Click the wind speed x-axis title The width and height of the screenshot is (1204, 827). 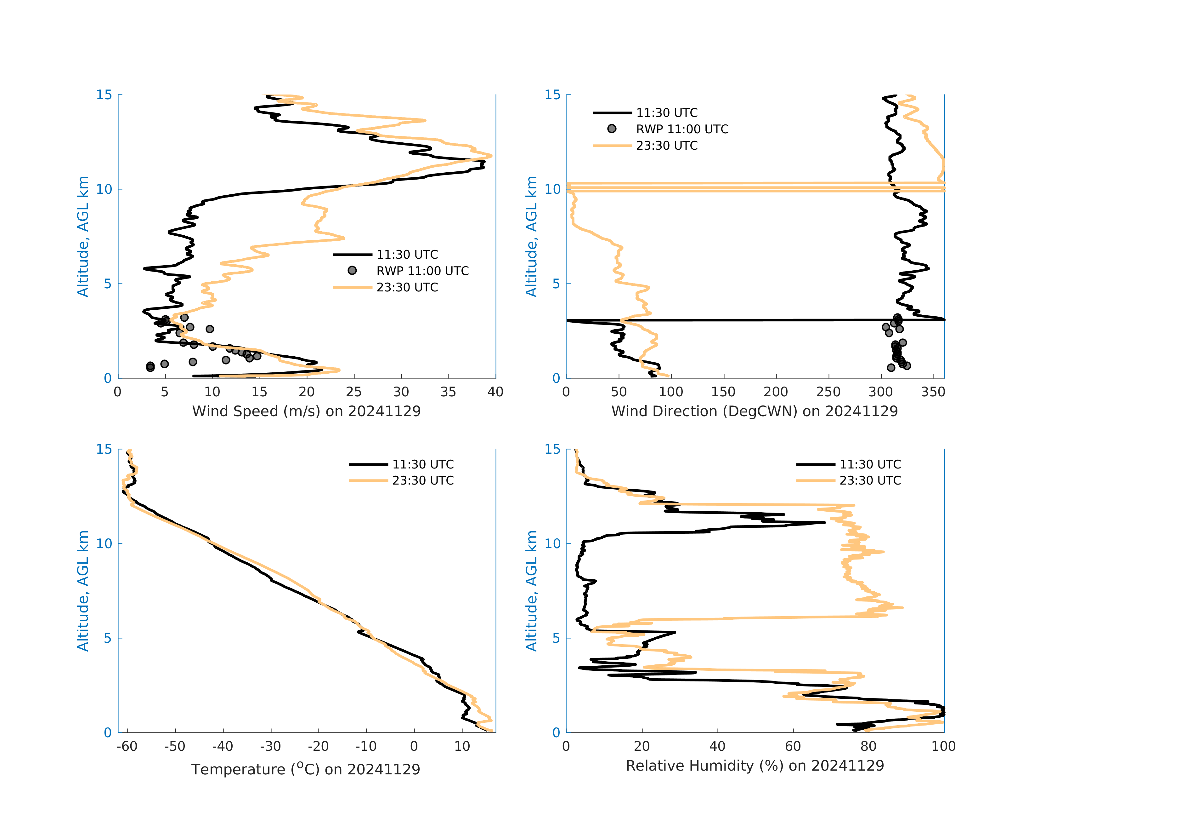pyautogui.click(x=306, y=411)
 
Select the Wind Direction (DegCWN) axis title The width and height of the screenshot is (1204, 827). pyautogui.click(x=754, y=411)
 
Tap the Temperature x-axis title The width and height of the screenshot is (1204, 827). pyautogui.click(x=306, y=769)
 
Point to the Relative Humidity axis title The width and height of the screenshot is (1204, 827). pyautogui.click(x=755, y=766)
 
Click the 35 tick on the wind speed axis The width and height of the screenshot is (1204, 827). pyautogui.click(x=448, y=392)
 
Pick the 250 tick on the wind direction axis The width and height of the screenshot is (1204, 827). pyautogui.click(x=828, y=392)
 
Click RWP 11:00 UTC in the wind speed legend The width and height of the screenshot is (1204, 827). pyautogui.click(x=422, y=271)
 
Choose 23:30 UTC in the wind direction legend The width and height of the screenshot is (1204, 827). pyautogui.click(x=667, y=146)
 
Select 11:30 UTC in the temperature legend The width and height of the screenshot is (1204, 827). pyautogui.click(x=423, y=464)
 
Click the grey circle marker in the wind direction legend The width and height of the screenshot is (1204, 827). pyautogui.click(x=612, y=129)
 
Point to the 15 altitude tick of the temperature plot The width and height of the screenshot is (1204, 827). pyautogui.click(x=104, y=449)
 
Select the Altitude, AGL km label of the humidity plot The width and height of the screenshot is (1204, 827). pyautogui.click(x=532, y=591)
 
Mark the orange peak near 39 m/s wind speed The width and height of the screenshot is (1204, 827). pyautogui.click(x=490, y=156)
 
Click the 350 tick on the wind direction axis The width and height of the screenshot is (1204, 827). pyautogui.click(x=933, y=392)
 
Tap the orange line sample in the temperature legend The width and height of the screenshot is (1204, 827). pyautogui.click(x=368, y=481)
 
